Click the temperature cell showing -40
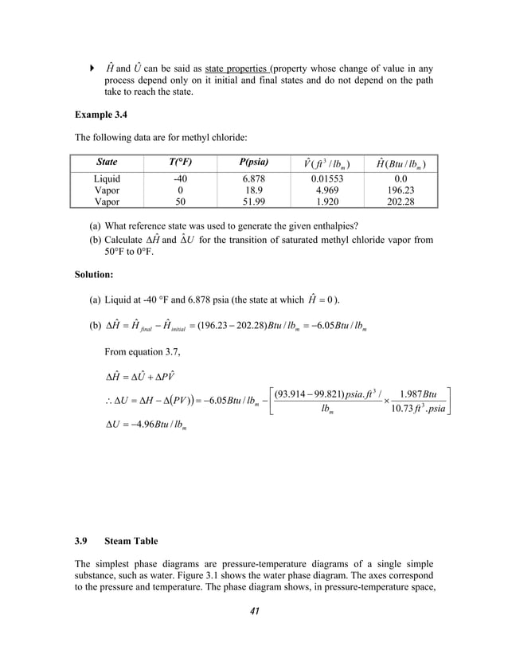coord(180,180)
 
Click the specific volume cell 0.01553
coord(328,180)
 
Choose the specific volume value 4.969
coord(328,191)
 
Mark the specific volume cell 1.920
coord(328,202)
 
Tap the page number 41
coord(254,612)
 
